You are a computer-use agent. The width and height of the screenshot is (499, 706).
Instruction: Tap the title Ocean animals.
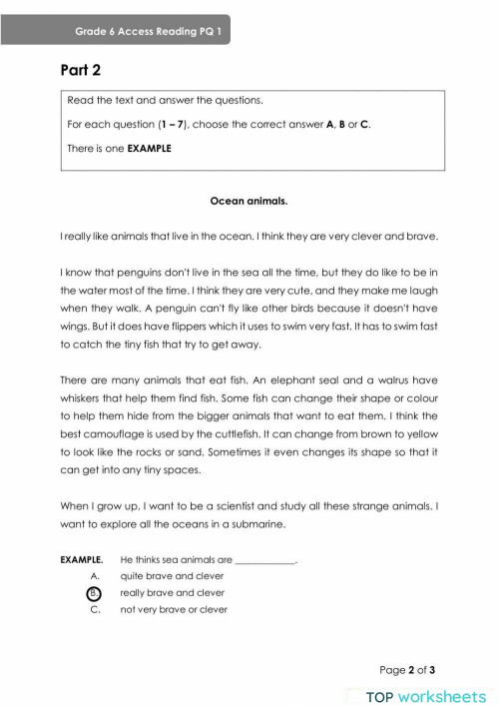[x=249, y=201]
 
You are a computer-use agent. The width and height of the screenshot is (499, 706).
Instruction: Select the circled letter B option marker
[x=95, y=592]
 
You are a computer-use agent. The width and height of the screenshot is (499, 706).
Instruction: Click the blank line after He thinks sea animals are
[x=265, y=560]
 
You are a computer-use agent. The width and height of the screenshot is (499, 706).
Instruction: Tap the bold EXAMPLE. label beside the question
[x=82, y=560]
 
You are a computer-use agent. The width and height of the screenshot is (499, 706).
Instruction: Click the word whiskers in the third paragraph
[x=88, y=399]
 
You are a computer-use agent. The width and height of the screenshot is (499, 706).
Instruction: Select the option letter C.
[x=95, y=609]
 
